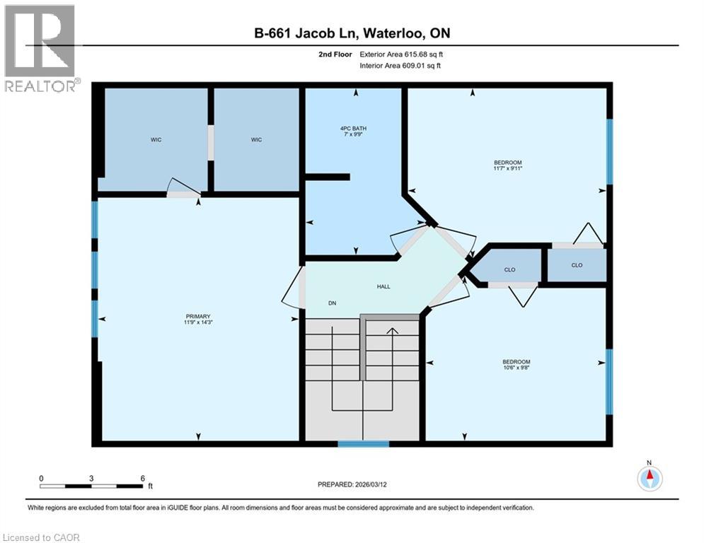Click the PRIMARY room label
pyautogui.click(x=198, y=316)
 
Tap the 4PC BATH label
pyautogui.click(x=353, y=128)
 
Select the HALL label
pyautogui.click(x=383, y=286)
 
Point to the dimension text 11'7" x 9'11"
pyautogui.click(x=507, y=169)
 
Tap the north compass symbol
pyautogui.click(x=649, y=478)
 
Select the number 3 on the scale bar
pyautogui.click(x=91, y=478)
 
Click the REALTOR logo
pyautogui.click(x=40, y=48)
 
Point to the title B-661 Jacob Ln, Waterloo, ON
pyautogui.click(x=352, y=33)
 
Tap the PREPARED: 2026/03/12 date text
pyautogui.click(x=357, y=484)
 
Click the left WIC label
pyautogui.click(x=156, y=140)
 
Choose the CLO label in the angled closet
pyautogui.click(x=509, y=269)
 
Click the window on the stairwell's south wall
pyautogui.click(x=363, y=444)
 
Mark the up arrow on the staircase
pyautogui.click(x=391, y=329)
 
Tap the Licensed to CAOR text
pyautogui.click(x=41, y=537)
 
